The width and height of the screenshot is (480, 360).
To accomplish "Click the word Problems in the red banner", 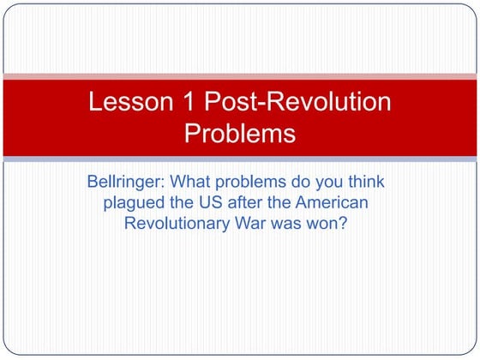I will [240, 134].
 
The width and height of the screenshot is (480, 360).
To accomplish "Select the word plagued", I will [134, 203].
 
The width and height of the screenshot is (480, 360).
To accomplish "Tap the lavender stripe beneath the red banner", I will [240, 159].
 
